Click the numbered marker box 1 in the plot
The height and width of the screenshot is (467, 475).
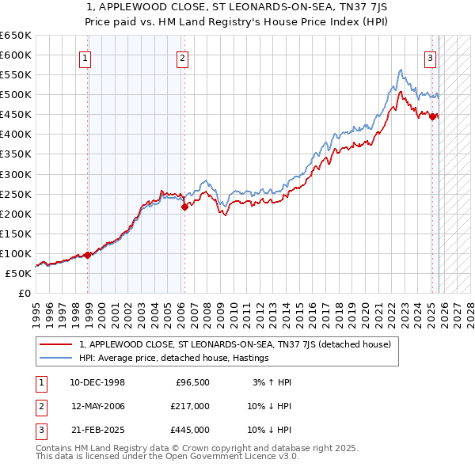click(x=84, y=57)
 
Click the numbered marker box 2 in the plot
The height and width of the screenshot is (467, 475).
click(x=182, y=57)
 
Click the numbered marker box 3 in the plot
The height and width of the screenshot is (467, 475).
click(x=430, y=57)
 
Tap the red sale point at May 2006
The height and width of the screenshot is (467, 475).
click(x=184, y=207)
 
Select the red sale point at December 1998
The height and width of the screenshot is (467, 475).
click(x=88, y=255)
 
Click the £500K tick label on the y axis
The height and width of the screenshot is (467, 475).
click(x=15, y=95)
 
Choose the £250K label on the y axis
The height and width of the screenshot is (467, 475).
click(x=15, y=194)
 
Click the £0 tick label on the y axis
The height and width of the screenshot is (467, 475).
click(x=24, y=293)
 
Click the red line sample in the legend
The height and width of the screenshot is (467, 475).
click(x=56, y=345)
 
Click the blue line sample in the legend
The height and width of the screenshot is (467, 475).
click(x=56, y=359)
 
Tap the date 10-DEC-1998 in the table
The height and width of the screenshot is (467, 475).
click(x=97, y=382)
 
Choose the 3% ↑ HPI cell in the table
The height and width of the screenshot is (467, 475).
click(x=272, y=382)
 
